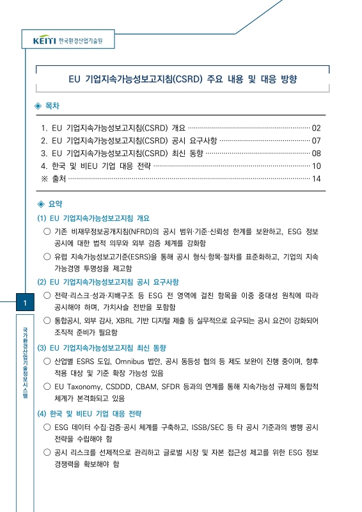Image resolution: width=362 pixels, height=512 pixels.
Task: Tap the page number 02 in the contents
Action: [x=316, y=127]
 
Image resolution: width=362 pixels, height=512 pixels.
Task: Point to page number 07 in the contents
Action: [x=316, y=140]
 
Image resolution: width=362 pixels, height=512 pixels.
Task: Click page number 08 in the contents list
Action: [x=316, y=153]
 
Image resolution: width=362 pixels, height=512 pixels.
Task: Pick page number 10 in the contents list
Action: [x=316, y=166]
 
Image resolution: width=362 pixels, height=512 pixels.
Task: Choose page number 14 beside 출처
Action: [x=316, y=179]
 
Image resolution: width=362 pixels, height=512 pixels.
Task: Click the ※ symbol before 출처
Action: [x=44, y=179]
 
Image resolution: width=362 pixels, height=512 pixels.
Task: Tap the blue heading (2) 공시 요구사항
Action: [x=108, y=282]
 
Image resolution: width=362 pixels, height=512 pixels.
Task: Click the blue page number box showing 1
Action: [x=24, y=303]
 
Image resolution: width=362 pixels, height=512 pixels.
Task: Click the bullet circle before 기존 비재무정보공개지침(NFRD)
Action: [x=46, y=231]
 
